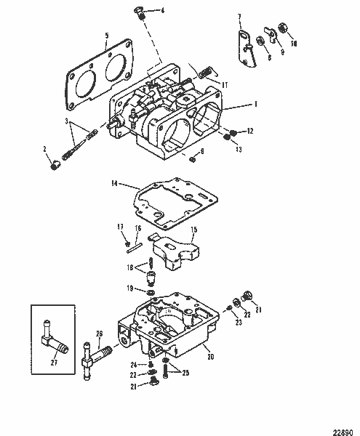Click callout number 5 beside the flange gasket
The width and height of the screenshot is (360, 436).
[x=107, y=35]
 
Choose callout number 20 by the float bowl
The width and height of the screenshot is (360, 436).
[x=211, y=356]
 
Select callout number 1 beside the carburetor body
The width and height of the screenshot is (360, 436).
[x=255, y=105]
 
